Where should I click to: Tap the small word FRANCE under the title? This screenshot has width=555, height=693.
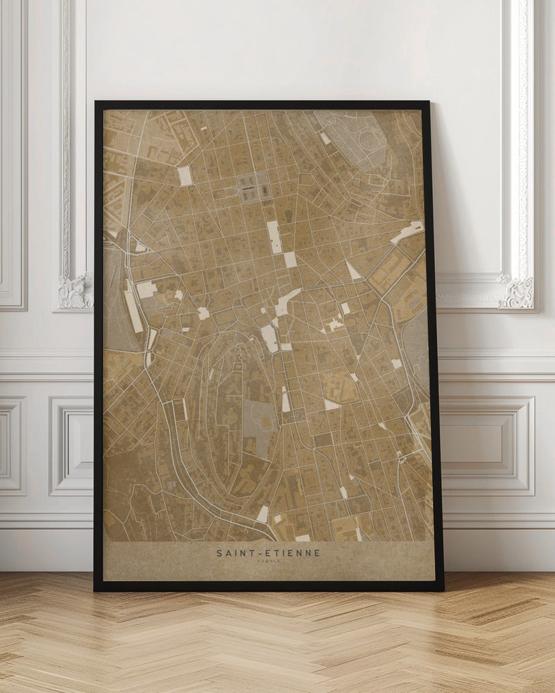(268, 561)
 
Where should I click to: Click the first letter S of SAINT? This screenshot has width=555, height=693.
(219, 553)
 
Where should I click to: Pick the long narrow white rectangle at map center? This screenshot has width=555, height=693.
(274, 236)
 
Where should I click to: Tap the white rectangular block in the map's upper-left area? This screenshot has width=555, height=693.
(185, 175)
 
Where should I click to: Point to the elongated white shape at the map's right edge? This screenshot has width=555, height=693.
(408, 231)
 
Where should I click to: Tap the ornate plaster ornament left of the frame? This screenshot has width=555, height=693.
(74, 290)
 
